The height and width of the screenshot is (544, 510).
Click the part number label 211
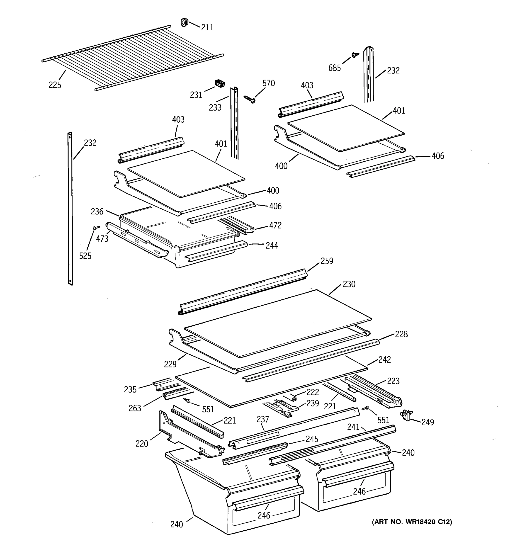207,27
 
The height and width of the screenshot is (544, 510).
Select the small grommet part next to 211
185,22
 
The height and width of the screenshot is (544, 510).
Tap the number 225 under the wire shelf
55,85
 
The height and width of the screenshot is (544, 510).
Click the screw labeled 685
355,55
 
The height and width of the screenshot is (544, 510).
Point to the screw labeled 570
250,99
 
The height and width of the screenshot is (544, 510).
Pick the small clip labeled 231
219,83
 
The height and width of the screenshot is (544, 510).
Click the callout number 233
215,107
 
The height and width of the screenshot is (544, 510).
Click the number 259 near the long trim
327,261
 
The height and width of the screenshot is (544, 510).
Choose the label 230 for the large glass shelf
349,284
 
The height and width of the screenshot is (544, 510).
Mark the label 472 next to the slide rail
275,225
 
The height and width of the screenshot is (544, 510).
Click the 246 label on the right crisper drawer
359,491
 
